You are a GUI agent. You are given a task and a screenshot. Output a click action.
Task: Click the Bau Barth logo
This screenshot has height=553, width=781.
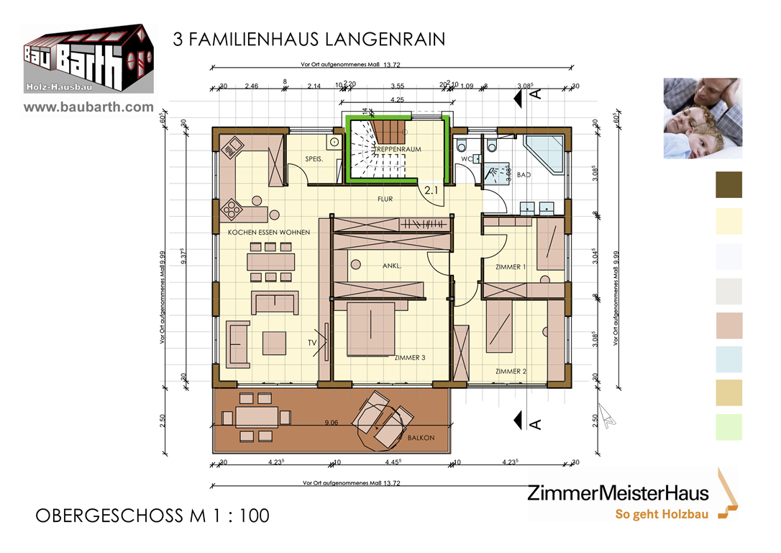tap(88, 59)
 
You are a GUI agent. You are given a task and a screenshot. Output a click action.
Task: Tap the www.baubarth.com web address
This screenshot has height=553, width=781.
tap(89, 107)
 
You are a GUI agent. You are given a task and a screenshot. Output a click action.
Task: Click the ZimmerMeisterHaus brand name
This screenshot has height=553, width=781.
tap(618, 493)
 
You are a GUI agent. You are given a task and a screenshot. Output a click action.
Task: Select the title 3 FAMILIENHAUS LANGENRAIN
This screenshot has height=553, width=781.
tap(309, 40)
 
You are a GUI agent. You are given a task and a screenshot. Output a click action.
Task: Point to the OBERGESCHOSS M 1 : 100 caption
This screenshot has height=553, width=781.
tap(152, 516)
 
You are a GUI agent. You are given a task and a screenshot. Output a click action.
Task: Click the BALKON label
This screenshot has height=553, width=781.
tap(421, 437)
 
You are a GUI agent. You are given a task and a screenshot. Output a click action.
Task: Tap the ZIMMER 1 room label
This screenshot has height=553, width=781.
tap(510, 267)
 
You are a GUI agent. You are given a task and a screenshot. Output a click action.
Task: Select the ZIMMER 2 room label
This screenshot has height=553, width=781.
tap(511, 372)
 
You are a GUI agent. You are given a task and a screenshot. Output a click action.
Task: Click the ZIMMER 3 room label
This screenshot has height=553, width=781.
tap(409, 357)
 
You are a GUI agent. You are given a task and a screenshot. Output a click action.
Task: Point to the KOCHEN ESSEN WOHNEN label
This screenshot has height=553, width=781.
tap(269, 233)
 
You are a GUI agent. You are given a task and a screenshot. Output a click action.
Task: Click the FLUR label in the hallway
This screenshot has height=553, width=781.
tap(385, 199)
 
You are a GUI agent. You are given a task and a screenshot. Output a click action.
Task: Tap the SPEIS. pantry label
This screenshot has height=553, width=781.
tap(314, 158)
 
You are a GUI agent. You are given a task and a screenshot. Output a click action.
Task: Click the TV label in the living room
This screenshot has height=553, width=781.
tap(312, 343)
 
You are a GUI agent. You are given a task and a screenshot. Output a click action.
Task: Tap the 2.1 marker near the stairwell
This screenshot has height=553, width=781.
tap(431, 191)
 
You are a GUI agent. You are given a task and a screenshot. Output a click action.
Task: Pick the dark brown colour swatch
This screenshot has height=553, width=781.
tap(729, 184)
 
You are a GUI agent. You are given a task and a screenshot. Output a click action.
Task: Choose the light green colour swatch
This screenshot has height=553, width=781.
tap(729, 428)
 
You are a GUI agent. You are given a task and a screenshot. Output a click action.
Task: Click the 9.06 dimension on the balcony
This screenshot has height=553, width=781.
tap(332, 423)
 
